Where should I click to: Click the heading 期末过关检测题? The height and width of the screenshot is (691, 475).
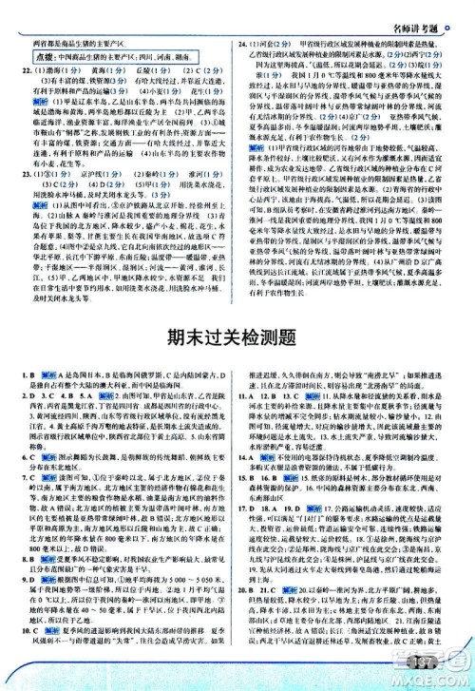237,362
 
